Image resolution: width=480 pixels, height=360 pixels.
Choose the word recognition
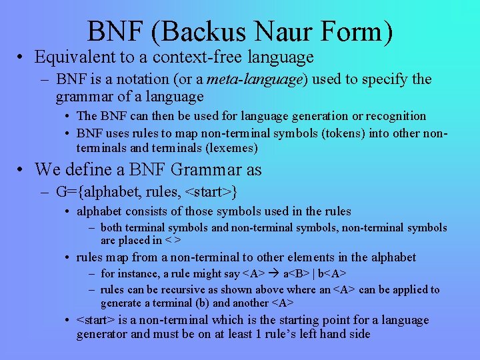coord(396,116)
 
